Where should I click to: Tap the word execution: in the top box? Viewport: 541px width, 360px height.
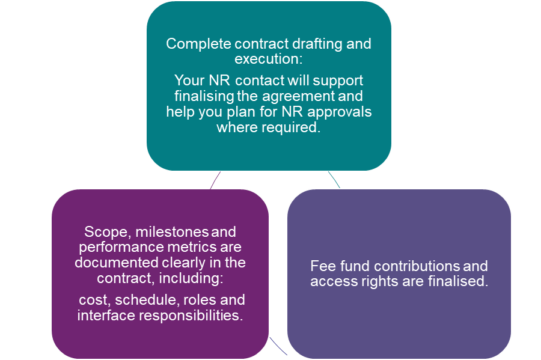[x=269, y=59]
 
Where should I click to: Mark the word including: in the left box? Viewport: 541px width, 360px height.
[x=196, y=278]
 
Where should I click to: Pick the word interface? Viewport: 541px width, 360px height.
[x=102, y=315]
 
